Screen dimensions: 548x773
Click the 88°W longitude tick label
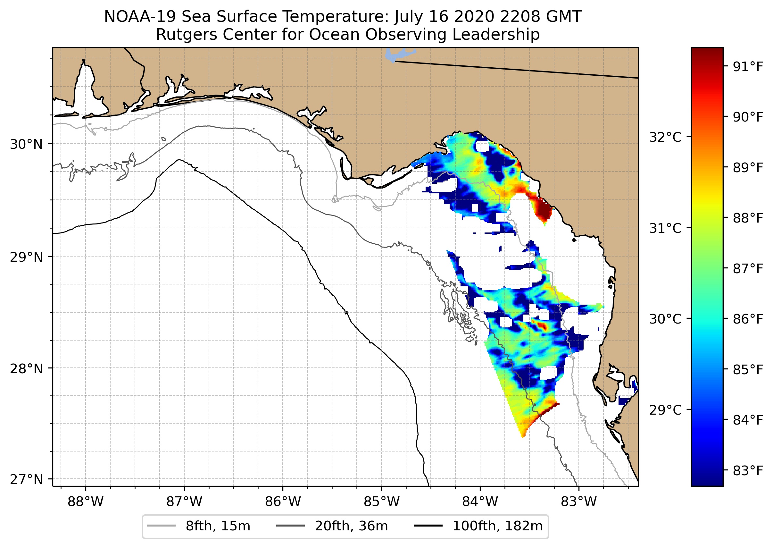(x=85, y=502)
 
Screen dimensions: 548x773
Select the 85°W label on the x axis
(x=381, y=502)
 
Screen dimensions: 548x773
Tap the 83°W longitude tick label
(x=579, y=502)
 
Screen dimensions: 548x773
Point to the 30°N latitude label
(x=26, y=144)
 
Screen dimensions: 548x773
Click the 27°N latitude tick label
(x=26, y=479)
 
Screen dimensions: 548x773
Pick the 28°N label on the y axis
(x=26, y=369)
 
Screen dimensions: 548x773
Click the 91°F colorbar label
(x=748, y=67)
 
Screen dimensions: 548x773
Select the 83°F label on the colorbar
(x=748, y=470)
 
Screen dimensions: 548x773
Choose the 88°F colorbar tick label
(x=748, y=218)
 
